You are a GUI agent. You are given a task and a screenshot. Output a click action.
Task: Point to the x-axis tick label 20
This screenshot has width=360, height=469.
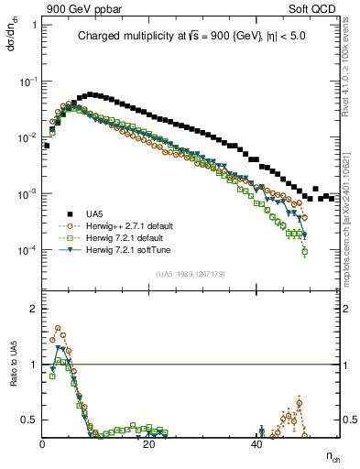coord(150,443)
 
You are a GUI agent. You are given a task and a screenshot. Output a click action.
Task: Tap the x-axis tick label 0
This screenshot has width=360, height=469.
coord(43,443)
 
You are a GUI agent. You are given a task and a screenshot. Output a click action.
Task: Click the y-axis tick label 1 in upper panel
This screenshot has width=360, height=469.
coord(34,25)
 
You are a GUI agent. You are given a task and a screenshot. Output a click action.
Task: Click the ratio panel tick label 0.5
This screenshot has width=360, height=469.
coord(30,420)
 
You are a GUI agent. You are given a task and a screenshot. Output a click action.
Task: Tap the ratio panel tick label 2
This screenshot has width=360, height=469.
coord(34,309)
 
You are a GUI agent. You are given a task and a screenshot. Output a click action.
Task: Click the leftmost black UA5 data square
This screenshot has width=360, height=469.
coord(46,145)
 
